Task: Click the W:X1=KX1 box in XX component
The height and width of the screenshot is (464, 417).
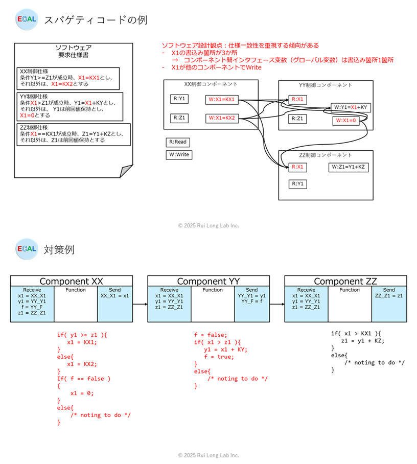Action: (x=223, y=99)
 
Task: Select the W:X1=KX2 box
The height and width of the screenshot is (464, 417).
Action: (x=223, y=119)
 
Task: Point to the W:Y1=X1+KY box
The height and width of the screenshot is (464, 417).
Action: (x=351, y=107)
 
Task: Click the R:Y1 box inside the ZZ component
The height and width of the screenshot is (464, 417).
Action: (x=297, y=183)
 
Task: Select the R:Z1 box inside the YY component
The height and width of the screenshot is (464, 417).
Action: (x=297, y=119)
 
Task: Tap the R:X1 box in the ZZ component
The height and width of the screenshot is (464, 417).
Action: (x=297, y=167)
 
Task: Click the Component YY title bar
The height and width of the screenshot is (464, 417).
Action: (x=208, y=281)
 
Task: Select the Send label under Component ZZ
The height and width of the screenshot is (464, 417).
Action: (x=389, y=290)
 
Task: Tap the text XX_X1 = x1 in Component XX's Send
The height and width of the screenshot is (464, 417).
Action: (x=115, y=296)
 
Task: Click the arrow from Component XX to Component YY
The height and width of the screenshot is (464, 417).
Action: (x=141, y=305)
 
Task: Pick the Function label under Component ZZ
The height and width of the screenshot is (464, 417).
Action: (x=350, y=290)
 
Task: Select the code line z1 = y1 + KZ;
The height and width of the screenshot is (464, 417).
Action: (x=364, y=341)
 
